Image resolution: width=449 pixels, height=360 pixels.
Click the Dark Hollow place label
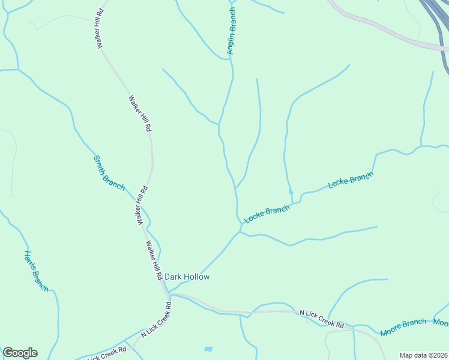(x=187, y=277)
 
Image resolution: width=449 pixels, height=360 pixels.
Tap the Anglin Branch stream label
(x=232, y=32)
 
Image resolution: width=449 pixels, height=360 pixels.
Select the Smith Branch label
(x=109, y=173)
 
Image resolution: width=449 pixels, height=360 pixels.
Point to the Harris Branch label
(x=36, y=271)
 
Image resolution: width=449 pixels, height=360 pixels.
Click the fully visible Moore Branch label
(x=403, y=327)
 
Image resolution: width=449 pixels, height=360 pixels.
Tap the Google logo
(x=20, y=353)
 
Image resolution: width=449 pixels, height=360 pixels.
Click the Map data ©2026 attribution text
(x=423, y=355)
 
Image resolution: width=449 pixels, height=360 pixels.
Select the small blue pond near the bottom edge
(x=208, y=349)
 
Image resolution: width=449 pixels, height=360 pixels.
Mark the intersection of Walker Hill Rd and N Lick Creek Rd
(x=169, y=295)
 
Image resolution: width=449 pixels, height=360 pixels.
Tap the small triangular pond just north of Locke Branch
(x=291, y=191)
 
